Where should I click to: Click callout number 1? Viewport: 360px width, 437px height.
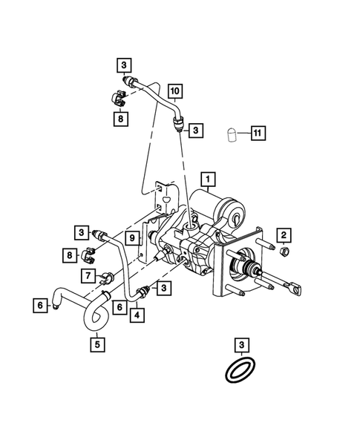click(209, 179)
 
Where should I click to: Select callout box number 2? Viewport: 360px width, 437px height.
click(284, 235)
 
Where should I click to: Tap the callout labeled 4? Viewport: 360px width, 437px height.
click(138, 314)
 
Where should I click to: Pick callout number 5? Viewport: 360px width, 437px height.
click(97, 343)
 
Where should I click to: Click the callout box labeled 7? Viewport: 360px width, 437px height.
click(87, 276)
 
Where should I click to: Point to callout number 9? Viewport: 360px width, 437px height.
click(130, 237)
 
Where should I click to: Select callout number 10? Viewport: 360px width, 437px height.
click(174, 92)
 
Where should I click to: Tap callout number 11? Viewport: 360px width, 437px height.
click(257, 134)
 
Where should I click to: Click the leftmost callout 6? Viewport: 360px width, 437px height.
click(39, 303)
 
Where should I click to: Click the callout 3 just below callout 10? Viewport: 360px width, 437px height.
click(195, 130)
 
